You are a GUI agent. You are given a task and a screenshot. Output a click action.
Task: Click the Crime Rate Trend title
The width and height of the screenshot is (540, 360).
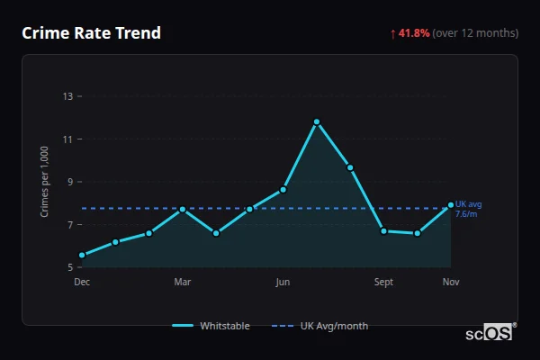91,33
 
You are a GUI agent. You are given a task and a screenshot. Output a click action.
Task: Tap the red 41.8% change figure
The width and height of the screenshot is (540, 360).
414,33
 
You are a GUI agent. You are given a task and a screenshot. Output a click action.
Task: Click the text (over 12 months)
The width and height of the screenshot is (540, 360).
475,33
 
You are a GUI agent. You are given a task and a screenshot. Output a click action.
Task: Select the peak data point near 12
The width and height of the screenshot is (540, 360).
317,121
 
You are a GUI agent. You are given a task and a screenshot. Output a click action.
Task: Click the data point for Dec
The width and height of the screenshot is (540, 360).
82,255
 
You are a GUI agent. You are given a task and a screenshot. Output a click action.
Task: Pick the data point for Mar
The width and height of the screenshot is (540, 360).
183,209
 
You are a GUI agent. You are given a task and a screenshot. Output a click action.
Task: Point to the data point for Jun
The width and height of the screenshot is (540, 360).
283,189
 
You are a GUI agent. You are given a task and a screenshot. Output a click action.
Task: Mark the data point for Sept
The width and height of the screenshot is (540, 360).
383,231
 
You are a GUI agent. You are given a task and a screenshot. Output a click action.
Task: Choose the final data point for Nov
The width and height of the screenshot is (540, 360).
451,205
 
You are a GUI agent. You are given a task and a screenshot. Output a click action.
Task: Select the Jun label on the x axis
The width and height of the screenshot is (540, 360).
283,282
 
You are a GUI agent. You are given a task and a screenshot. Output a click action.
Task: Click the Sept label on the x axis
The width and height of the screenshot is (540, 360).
383,282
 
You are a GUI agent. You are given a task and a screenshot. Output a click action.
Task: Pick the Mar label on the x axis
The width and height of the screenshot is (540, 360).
182,282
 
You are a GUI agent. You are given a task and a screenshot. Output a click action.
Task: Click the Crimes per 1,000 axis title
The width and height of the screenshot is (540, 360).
44,182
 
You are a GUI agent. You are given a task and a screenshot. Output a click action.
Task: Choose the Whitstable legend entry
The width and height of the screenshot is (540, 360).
211,326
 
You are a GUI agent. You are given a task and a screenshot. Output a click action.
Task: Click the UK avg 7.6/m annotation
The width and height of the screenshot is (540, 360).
468,209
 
